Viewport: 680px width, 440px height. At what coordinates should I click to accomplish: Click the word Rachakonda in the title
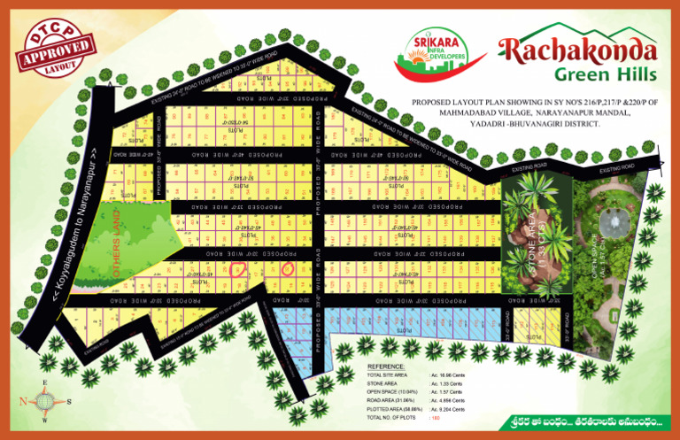coord(576,50)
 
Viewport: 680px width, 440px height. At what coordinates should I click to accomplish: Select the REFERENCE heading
coord(386,367)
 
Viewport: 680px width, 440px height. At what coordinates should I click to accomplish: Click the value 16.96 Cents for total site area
coord(449,375)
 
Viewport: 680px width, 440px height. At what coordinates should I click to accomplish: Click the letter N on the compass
coord(22,400)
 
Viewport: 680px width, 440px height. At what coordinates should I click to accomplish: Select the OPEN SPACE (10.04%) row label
coord(393,392)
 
